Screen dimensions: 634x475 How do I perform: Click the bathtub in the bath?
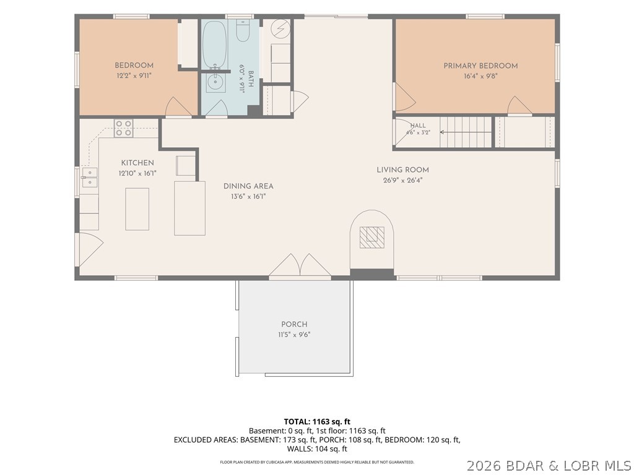tap(214, 45)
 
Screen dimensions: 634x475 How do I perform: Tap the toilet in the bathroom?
tap(243, 31)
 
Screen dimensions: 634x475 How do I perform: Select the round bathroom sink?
tap(214, 83)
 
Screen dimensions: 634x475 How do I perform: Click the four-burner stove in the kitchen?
tap(123, 128)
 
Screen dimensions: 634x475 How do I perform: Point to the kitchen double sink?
tap(90, 178)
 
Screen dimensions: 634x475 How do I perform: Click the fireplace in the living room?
tap(371, 239)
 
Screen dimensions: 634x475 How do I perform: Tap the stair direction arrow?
tap(466, 132)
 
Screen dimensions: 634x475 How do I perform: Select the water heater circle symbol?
tap(281, 28)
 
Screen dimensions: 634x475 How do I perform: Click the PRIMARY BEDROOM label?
tap(480, 66)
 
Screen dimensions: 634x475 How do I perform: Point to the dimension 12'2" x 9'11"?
tap(134, 75)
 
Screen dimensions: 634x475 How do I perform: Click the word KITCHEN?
tap(137, 163)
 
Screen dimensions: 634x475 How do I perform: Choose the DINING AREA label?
tap(248, 186)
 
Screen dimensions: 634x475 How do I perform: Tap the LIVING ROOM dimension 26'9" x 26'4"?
tap(402, 181)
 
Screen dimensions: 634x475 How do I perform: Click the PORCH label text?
tap(294, 324)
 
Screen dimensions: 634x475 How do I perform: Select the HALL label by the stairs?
tap(418, 126)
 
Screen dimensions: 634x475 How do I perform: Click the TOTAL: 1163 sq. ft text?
tap(317, 422)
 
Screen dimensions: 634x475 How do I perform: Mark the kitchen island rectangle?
tap(137, 209)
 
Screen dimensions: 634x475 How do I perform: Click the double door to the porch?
tap(300, 266)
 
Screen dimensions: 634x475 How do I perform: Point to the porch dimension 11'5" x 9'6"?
tap(294, 335)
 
